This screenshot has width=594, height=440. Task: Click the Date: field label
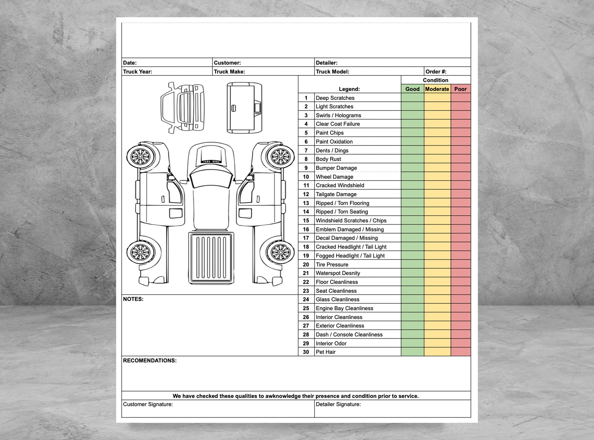point(130,63)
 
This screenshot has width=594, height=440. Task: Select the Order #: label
point(436,72)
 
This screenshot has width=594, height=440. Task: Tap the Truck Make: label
point(229,72)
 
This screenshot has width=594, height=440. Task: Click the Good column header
point(412,89)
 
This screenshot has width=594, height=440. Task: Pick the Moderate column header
point(437,89)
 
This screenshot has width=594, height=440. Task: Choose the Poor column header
point(460,89)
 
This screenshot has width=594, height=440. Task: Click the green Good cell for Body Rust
point(412,159)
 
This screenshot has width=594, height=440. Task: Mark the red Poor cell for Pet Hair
point(460,352)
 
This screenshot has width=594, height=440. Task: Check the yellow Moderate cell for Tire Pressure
point(437,264)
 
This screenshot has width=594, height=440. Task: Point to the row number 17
point(306,238)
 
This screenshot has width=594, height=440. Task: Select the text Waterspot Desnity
point(338,273)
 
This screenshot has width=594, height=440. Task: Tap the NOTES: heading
point(133,299)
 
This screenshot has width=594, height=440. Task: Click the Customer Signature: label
point(148,404)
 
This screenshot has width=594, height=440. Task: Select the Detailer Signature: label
point(338,404)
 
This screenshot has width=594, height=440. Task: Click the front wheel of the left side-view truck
point(140,157)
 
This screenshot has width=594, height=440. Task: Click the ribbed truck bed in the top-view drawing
point(211,257)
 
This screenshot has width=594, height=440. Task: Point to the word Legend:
point(349,89)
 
